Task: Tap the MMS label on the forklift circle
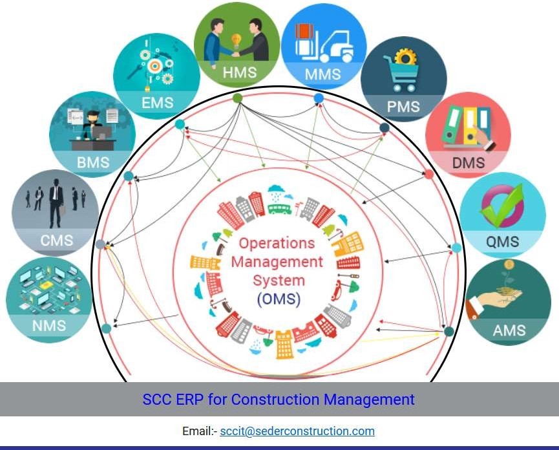(322, 74)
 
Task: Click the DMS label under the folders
(468, 164)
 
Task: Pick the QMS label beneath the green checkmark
(502, 242)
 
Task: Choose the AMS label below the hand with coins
(509, 330)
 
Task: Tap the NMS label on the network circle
(49, 326)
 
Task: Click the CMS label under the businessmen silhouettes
(57, 241)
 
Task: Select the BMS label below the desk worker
(94, 162)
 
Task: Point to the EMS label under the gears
(158, 103)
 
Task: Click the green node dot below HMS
(237, 98)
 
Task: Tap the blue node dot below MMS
(319, 98)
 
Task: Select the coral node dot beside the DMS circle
(428, 174)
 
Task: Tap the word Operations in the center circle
(277, 244)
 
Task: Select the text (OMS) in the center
(279, 299)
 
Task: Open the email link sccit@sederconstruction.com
(297, 431)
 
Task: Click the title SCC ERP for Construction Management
(279, 399)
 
